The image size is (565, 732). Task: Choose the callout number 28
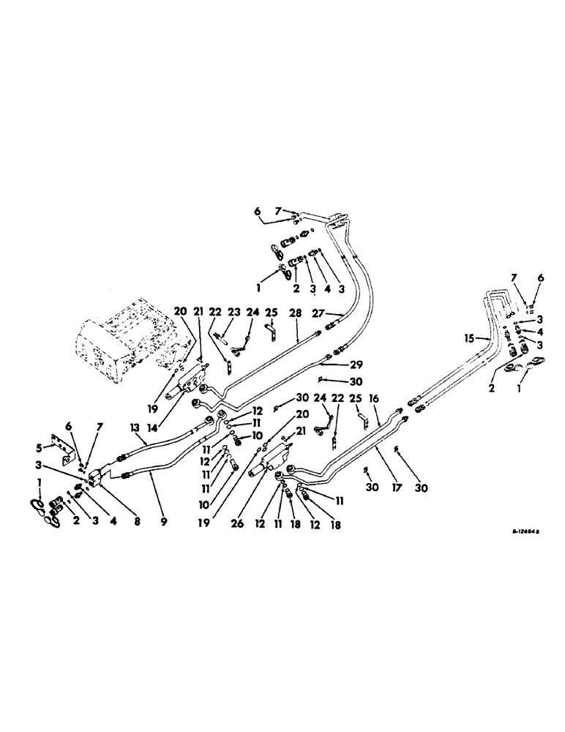click(296, 313)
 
